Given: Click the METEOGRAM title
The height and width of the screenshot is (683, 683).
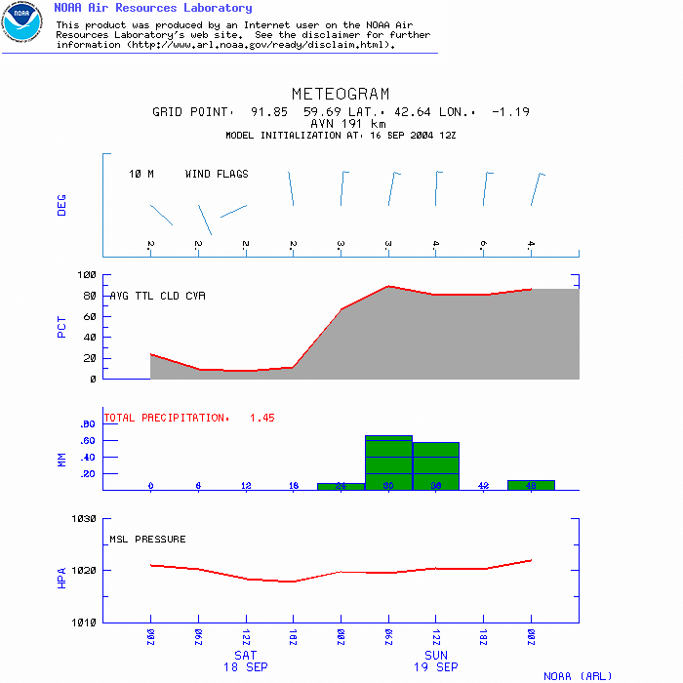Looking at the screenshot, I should [x=341, y=95].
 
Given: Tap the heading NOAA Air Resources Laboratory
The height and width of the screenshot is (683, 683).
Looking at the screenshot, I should [x=152, y=8].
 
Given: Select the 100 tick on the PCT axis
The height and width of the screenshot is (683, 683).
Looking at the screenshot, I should [x=87, y=275].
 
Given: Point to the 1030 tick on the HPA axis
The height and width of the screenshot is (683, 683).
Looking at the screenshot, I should [x=84, y=519].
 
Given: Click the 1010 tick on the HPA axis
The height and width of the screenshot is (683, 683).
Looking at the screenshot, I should [x=84, y=622].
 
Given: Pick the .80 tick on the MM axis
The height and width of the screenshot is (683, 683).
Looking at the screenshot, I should [x=86, y=424].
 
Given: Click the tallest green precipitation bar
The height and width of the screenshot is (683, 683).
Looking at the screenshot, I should [x=388, y=462].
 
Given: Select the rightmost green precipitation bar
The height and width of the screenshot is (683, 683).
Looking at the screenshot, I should [x=531, y=484].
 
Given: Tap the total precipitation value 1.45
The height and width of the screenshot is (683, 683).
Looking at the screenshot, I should [x=262, y=418].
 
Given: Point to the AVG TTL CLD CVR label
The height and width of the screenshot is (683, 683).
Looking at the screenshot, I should [x=158, y=296].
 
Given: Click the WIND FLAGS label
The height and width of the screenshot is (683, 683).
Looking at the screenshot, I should [x=217, y=175].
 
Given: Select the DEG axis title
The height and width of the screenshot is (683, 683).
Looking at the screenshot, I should [x=62, y=204].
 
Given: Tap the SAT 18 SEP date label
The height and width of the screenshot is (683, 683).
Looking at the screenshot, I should [x=245, y=661].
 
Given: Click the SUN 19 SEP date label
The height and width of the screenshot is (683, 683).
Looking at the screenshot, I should [x=435, y=661].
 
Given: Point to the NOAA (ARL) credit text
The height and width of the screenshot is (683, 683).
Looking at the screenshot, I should [x=578, y=675].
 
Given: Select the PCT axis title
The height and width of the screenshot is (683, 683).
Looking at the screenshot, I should [x=62, y=326].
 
